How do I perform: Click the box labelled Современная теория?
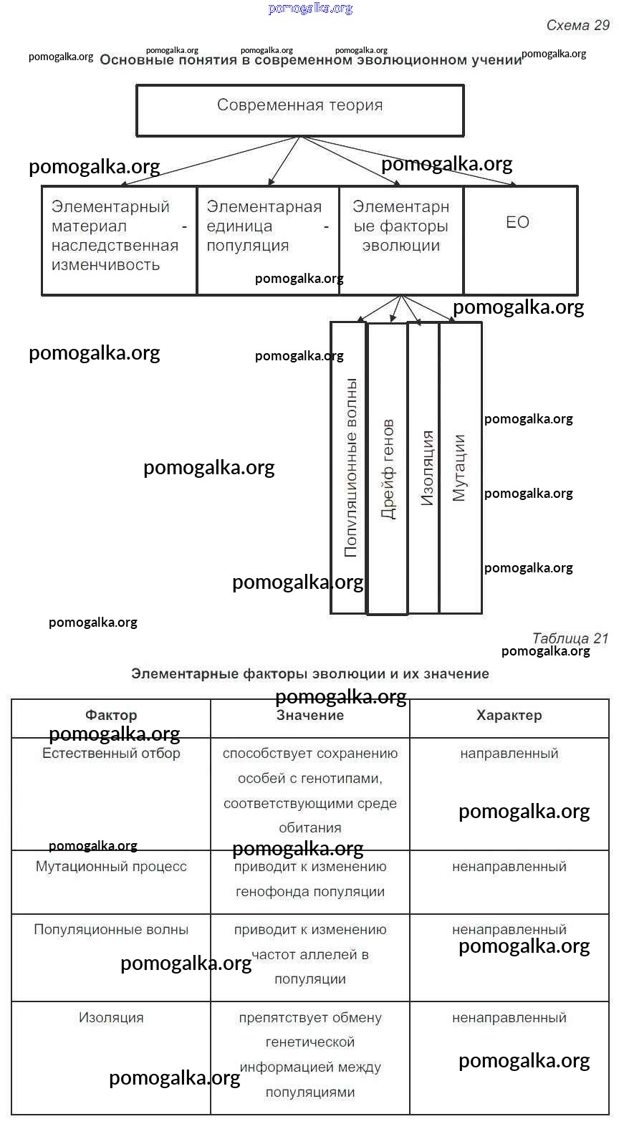tap(299, 110)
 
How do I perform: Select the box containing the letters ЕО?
tap(520, 240)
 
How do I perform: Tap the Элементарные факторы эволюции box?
tap(401, 240)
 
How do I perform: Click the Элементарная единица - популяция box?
tap(267, 240)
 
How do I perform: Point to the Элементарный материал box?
tap(119, 240)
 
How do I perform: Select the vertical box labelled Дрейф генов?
tap(387, 469)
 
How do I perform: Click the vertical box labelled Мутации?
tap(460, 469)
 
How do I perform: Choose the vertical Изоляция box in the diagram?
tap(423, 469)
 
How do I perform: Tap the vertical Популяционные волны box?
tap(349, 469)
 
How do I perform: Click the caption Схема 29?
tap(577, 25)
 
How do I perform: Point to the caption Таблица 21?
tap(570, 638)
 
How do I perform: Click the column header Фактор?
tap(111, 715)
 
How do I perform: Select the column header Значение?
tap(310, 715)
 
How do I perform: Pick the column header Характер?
tap(509, 715)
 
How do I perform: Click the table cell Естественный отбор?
tap(111, 754)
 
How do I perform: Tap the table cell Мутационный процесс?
tap(111, 867)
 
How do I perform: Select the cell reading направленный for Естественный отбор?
tap(509, 754)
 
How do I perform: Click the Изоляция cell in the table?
tap(111, 1018)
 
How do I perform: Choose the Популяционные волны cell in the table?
tap(111, 930)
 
